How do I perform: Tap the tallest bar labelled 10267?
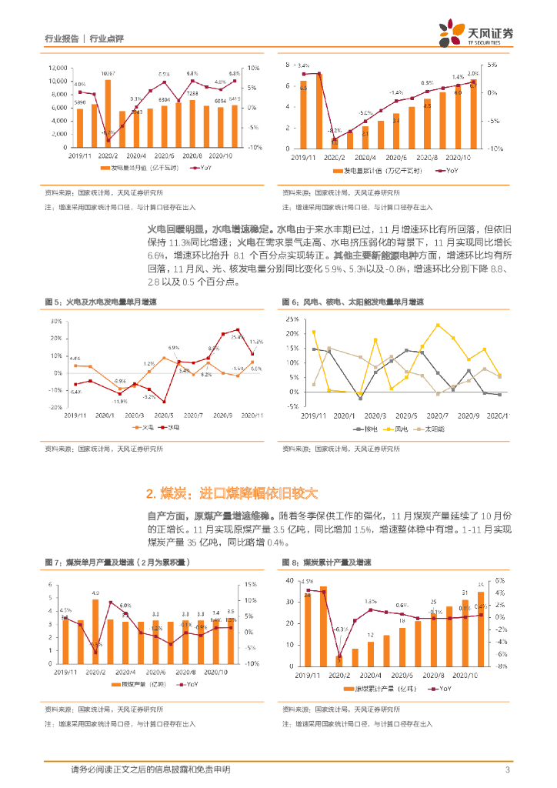click(x=108, y=113)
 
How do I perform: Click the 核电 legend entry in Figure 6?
click(x=362, y=427)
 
